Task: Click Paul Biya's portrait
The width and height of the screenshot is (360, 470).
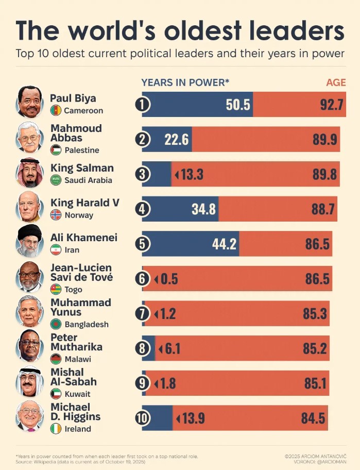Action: (29, 102)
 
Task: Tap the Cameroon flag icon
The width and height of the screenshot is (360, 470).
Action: (56, 110)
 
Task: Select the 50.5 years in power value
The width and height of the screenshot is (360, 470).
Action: (238, 105)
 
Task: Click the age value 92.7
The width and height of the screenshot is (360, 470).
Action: (331, 105)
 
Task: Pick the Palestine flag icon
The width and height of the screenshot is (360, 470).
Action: (56, 150)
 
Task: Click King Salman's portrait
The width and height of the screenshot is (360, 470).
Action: (29, 172)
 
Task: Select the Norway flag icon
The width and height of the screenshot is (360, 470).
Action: (56, 215)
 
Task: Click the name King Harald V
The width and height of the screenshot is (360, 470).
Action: (85, 203)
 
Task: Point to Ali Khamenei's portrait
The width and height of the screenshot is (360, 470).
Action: (29, 241)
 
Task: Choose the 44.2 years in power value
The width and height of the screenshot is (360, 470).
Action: (225, 244)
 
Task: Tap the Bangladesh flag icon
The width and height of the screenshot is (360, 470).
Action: (56, 324)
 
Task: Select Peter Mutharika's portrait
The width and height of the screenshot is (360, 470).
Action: (29, 345)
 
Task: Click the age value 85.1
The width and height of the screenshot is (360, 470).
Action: (315, 383)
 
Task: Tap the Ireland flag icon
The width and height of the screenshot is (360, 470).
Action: (56, 429)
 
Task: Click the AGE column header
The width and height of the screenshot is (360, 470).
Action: (336, 82)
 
